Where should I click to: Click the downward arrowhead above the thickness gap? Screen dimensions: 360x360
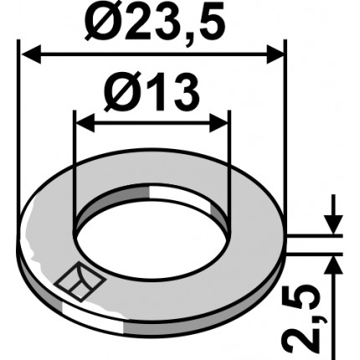pyautogui.click(x=333, y=226)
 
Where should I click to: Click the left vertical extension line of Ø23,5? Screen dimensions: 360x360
pyautogui.click(x=18, y=126)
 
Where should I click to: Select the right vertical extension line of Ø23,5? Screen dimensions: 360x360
pyautogui.click(x=285, y=126)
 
